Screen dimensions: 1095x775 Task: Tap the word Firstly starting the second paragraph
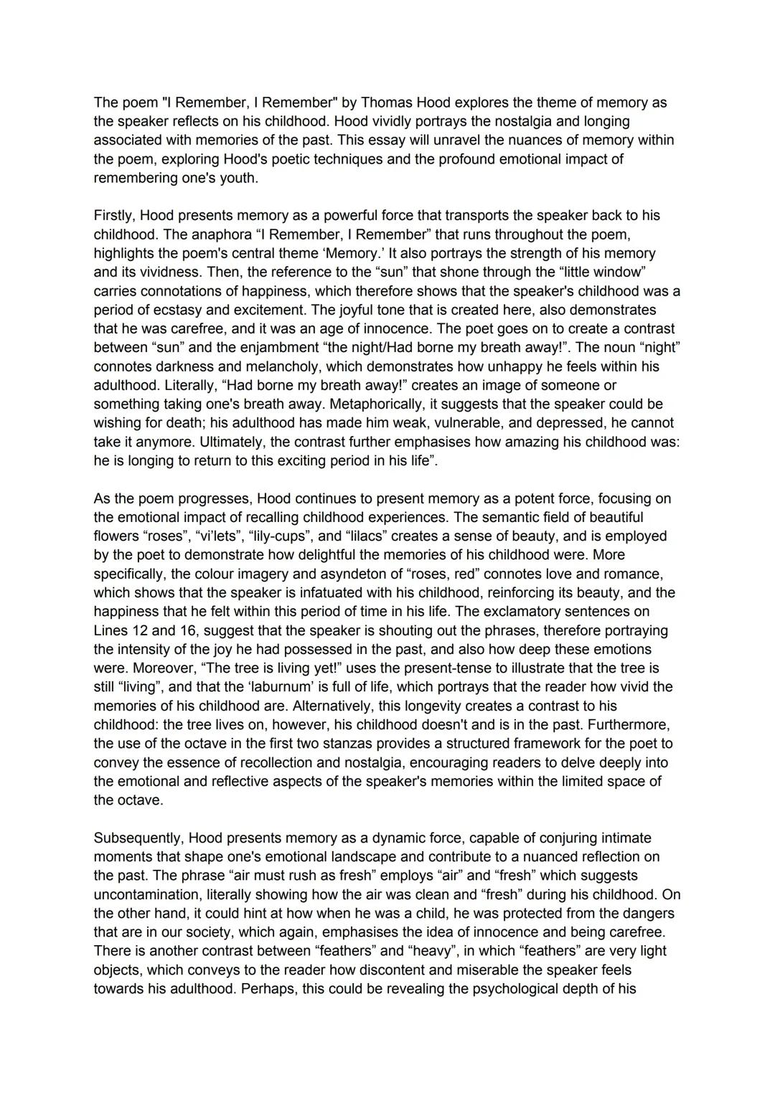(114, 215)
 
